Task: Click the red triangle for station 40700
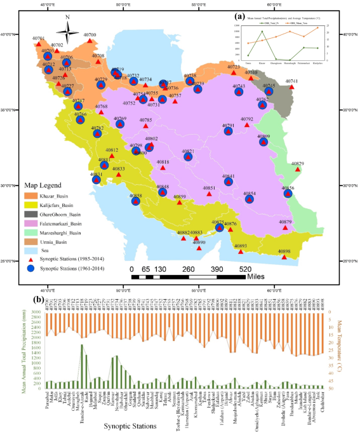point(90,41)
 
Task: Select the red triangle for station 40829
point(298,170)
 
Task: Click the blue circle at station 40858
point(135,201)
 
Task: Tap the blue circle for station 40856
point(288,193)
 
